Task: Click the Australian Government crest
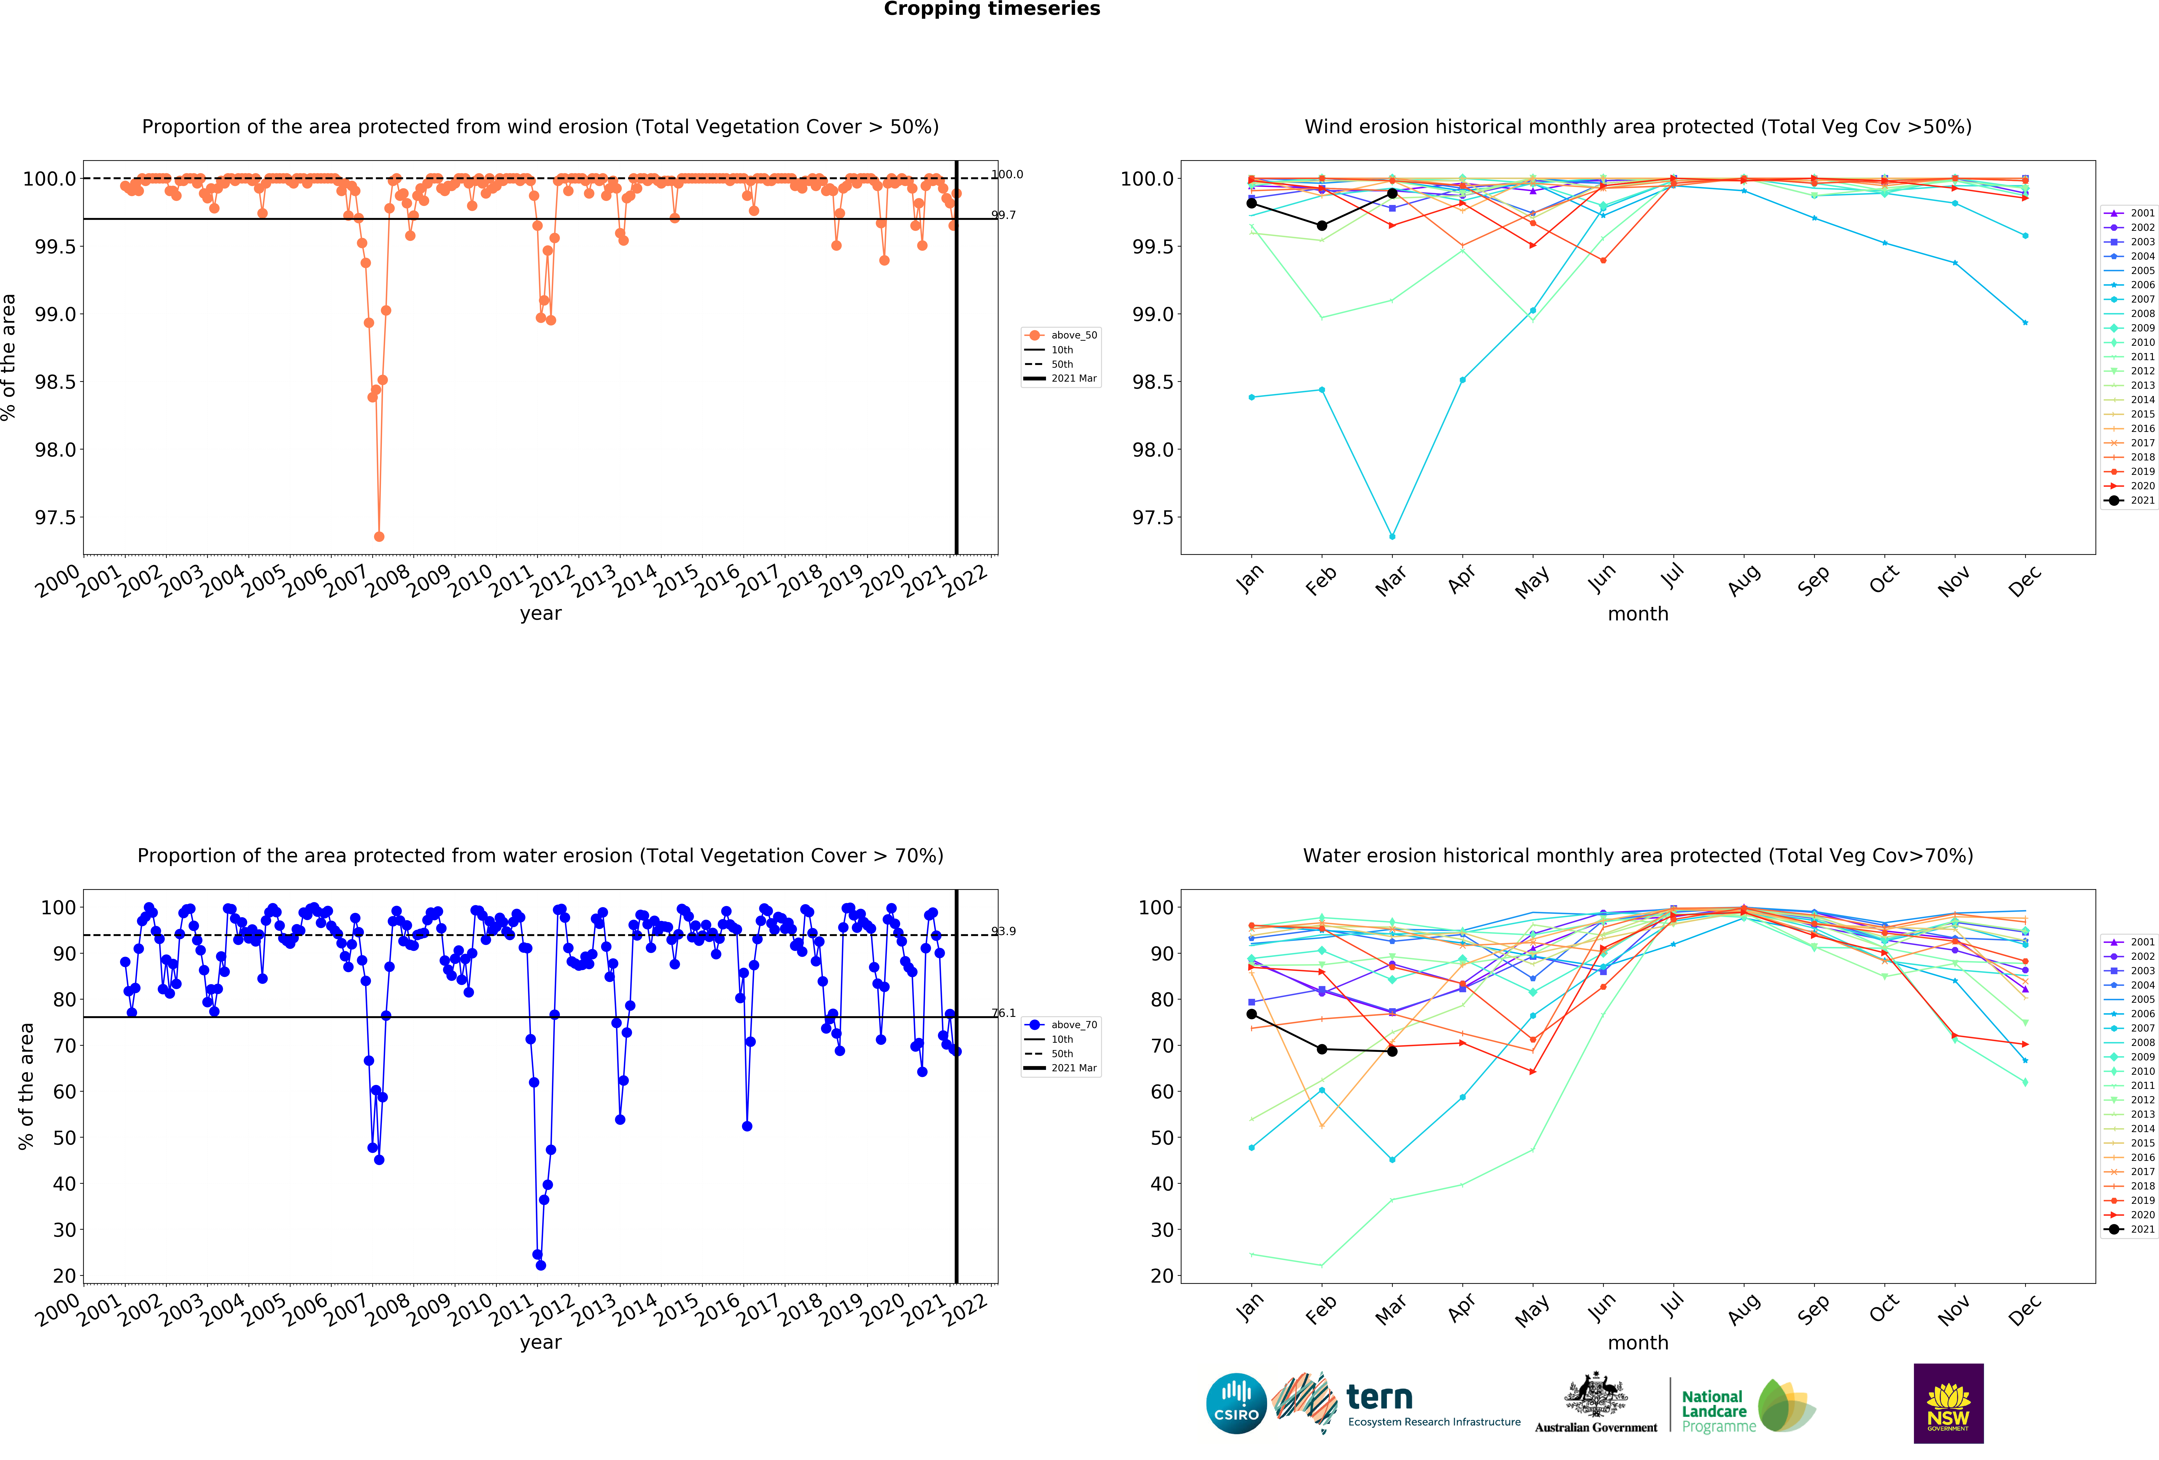coord(1595,1396)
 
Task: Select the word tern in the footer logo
coord(1379,1397)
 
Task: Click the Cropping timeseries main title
coord(991,9)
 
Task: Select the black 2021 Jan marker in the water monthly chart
coord(1251,1014)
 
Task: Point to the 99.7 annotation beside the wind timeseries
coord(1003,215)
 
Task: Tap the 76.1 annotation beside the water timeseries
coord(1003,1013)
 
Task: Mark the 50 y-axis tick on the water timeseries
coord(64,1138)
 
